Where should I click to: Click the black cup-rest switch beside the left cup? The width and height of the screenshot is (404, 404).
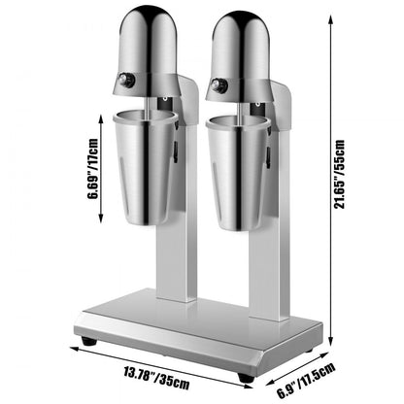click(x=176, y=150)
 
